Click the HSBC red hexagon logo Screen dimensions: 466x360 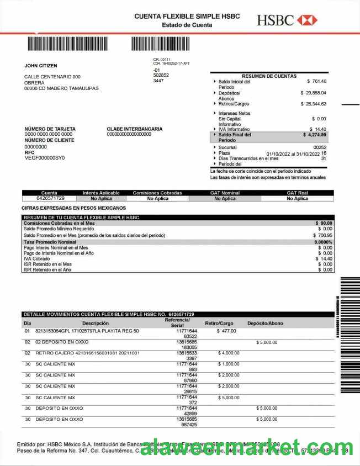pos(307,20)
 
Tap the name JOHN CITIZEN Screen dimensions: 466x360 pos(41,66)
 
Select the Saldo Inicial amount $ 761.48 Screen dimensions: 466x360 pos(316,82)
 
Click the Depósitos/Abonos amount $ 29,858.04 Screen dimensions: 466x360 pos(313,93)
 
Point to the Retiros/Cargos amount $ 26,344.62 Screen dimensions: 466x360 pos(313,103)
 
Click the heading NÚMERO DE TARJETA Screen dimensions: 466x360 pos(50,129)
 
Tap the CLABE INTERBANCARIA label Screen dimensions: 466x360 pos(135,129)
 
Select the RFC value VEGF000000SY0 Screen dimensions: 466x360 pos(45,158)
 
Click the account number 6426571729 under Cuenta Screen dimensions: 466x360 pos(50,198)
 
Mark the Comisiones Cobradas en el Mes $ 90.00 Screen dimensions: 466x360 pos(324,223)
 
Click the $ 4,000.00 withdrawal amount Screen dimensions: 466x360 pos(229,352)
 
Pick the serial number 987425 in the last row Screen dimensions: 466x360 pos(189,425)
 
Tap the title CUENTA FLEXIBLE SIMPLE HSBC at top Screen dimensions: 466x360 pos(187,17)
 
